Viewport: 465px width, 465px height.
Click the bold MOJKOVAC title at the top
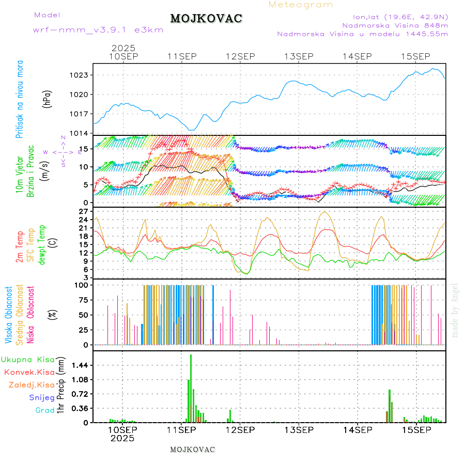(x=206, y=19)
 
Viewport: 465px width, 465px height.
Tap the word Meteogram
(x=301, y=5)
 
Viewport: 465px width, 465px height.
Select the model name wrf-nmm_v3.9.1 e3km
(x=98, y=30)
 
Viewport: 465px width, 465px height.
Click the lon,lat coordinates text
(x=400, y=16)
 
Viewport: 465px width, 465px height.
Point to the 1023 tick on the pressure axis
(x=80, y=75)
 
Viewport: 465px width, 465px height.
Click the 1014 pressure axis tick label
(x=80, y=133)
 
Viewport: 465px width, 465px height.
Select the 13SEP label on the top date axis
(x=299, y=56)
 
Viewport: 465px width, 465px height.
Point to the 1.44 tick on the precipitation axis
(x=79, y=365)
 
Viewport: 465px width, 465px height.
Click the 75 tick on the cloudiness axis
(x=83, y=300)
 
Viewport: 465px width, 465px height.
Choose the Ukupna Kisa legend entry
(x=28, y=359)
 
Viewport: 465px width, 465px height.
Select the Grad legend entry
(x=45, y=410)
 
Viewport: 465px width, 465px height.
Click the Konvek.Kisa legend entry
(x=29, y=372)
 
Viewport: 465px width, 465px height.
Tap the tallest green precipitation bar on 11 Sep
(x=191, y=388)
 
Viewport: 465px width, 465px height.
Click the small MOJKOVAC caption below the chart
(x=192, y=450)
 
